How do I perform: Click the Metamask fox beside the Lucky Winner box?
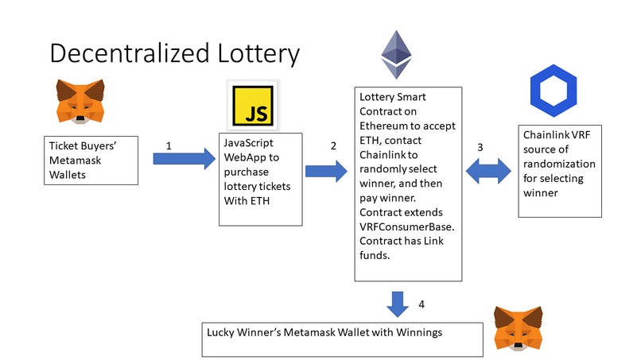[x=521, y=327]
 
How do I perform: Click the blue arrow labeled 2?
[x=326, y=169]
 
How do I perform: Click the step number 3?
[x=479, y=148]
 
